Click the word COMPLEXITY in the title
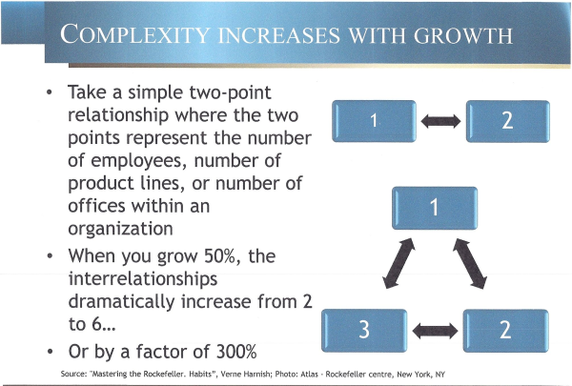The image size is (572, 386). click(x=135, y=34)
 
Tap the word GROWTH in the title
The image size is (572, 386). click(x=463, y=36)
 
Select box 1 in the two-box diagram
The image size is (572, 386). click(x=374, y=121)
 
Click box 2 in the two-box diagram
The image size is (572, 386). click(x=508, y=121)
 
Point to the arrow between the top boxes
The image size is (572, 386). click(x=440, y=121)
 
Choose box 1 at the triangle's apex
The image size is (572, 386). click(x=435, y=208)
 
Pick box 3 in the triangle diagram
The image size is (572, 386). click(x=364, y=331)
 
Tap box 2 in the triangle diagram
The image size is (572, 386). click(x=505, y=331)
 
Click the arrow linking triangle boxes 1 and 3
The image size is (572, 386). click(x=398, y=263)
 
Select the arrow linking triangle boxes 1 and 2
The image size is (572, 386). click(x=470, y=263)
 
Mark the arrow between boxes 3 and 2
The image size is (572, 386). click(x=435, y=331)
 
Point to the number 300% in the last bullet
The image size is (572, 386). click(x=236, y=352)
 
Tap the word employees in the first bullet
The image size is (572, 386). click(x=138, y=161)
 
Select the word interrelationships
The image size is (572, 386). click(x=143, y=279)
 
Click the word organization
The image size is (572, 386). click(x=120, y=229)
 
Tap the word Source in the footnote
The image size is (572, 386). click(x=73, y=374)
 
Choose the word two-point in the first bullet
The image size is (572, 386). click(x=230, y=92)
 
